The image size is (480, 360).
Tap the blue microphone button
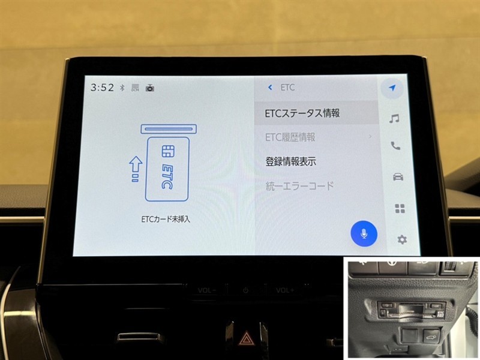364,233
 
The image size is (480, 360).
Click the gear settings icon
401,239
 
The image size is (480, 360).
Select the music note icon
394,118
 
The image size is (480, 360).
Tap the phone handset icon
395,146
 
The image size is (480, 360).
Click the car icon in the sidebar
398,176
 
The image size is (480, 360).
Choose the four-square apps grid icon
400,208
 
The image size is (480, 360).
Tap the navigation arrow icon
392,88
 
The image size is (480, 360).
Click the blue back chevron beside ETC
270,88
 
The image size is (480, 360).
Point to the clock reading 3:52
102,88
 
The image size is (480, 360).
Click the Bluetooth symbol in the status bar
122,88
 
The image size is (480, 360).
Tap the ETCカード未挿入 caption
166,219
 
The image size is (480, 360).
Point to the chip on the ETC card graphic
168,151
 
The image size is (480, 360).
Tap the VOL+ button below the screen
285,290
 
